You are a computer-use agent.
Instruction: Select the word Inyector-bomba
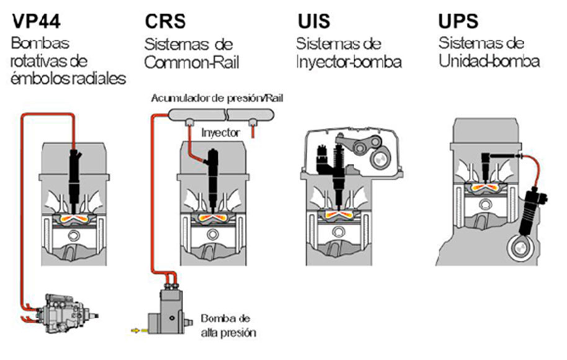point(348,62)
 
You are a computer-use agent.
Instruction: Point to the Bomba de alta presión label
point(227,325)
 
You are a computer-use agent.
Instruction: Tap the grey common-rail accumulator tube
point(212,115)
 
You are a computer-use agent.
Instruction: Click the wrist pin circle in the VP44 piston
point(75,235)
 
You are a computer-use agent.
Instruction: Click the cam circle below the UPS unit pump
point(520,249)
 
